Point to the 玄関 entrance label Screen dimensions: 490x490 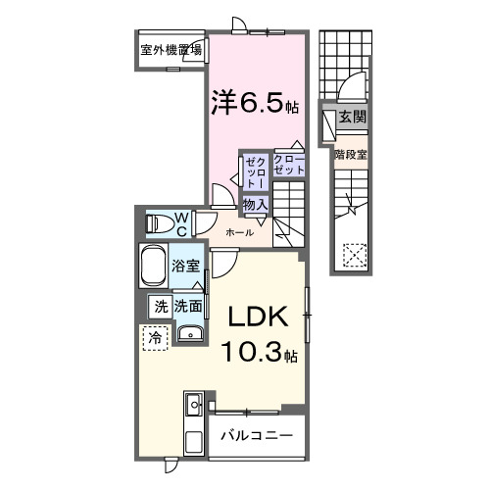(352, 117)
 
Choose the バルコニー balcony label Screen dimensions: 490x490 (256, 434)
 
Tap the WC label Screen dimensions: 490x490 (182, 222)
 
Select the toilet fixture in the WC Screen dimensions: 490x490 (157, 223)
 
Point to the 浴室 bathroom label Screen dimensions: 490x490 (186, 266)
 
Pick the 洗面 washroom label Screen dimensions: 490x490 (189, 306)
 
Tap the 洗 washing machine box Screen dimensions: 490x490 (160, 306)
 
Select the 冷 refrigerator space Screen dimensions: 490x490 (155, 336)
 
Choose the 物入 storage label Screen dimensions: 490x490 (255, 204)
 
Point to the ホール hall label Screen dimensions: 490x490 (239, 232)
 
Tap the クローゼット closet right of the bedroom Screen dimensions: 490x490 (289, 164)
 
